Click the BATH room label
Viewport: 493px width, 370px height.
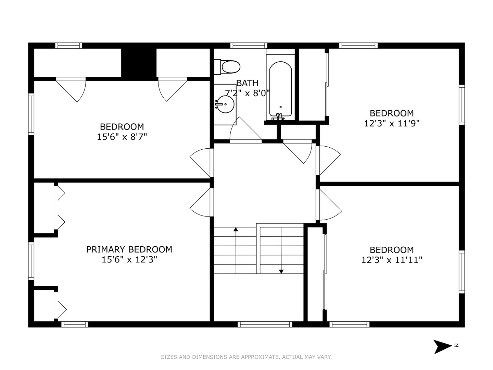tap(247, 83)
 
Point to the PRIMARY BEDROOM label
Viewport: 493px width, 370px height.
tap(129, 249)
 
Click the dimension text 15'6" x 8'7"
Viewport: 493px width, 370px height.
tap(122, 137)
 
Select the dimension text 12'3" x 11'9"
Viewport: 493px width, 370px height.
tap(392, 123)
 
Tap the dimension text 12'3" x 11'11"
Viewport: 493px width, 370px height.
tap(392, 260)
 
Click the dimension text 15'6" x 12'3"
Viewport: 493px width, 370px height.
tap(129, 260)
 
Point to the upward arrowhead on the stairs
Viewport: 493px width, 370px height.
tap(236, 229)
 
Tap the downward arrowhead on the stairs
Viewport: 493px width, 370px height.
tap(281, 271)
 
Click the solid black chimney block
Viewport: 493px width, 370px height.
tap(139, 63)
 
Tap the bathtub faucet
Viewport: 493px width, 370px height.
tap(279, 117)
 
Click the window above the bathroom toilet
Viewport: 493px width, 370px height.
tap(249, 46)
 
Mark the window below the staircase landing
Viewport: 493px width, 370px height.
tap(265, 324)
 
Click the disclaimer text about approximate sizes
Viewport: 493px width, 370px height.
tap(246, 357)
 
